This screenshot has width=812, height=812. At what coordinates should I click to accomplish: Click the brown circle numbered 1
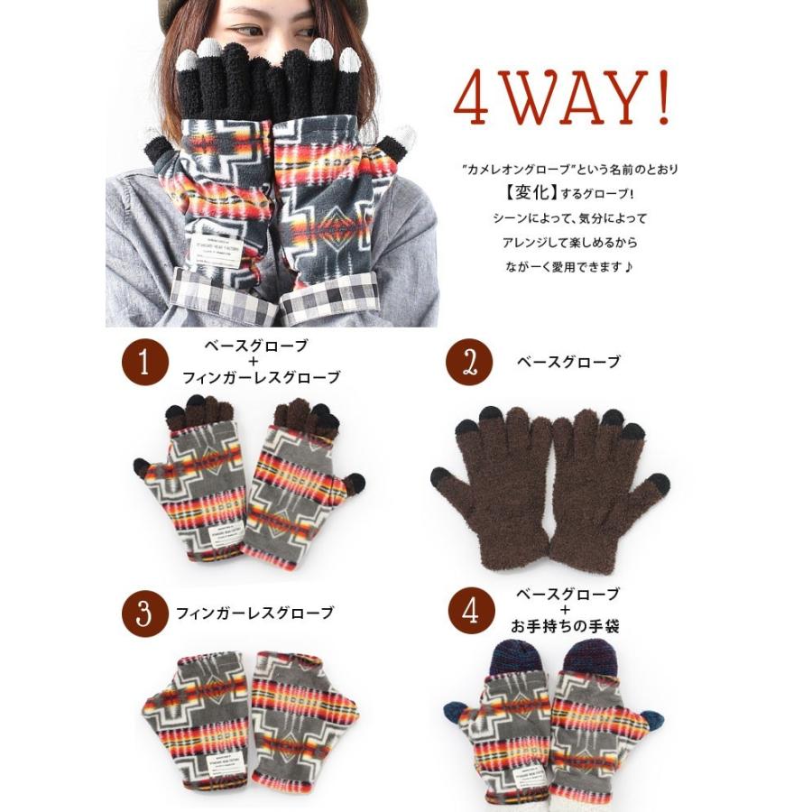click(146, 363)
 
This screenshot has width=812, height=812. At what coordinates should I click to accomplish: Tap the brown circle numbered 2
click(469, 363)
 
